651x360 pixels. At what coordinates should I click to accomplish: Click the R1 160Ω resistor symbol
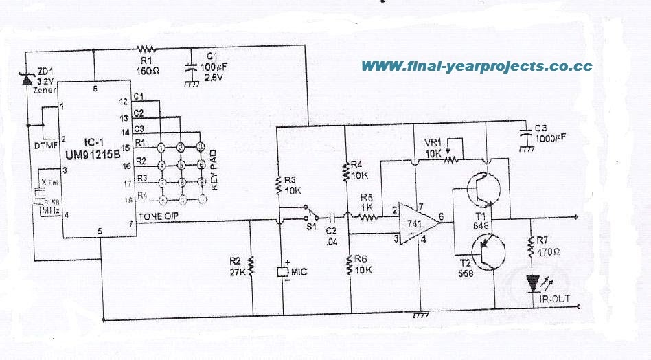pos(146,48)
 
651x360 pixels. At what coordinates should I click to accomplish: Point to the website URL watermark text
pos(476,67)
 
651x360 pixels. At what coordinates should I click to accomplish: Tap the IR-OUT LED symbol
pos(533,282)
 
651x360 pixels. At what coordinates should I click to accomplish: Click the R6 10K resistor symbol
pos(350,262)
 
